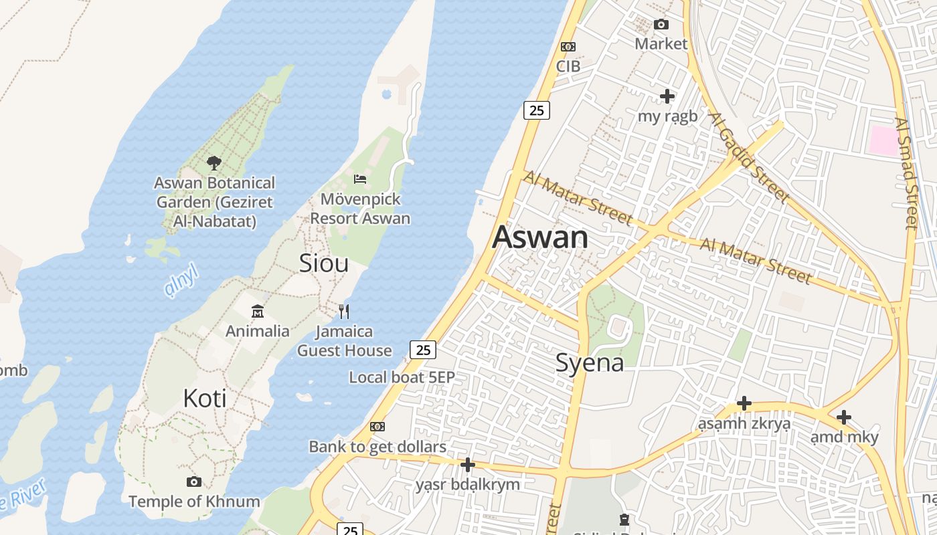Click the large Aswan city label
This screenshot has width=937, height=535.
coord(540,237)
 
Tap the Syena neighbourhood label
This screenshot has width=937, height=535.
coord(590,362)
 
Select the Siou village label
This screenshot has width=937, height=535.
coord(324,263)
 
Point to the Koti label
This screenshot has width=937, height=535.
coord(205,399)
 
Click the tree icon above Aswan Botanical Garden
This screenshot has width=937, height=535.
coord(214,163)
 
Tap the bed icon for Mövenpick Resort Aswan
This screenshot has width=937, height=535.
coord(360,179)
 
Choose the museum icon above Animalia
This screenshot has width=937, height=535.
coord(258,311)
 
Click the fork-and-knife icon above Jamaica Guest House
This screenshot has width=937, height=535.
coord(344,311)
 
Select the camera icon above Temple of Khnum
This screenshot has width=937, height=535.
coord(194,481)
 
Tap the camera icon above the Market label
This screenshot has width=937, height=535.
coord(661,25)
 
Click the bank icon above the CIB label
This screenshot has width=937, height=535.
coord(568,47)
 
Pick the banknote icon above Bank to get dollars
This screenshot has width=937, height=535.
coord(377,427)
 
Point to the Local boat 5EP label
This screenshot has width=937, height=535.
coord(402,377)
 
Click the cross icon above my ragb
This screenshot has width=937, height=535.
coord(667,96)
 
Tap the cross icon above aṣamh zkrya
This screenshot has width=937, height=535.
coord(744,403)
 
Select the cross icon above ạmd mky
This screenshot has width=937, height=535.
coord(844,418)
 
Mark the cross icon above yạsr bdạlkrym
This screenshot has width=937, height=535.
coord(468,464)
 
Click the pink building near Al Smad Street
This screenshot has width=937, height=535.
coord(883,140)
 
